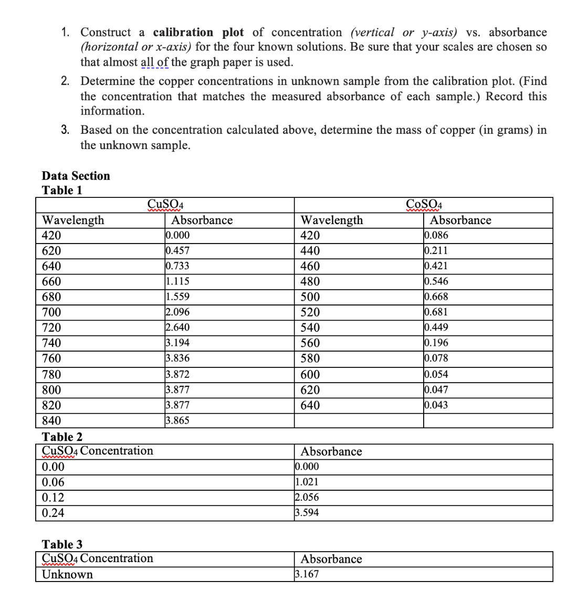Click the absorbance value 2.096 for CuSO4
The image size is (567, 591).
pos(177,312)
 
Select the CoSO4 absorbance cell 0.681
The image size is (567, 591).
pos(436,312)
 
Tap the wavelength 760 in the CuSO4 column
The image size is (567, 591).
pos(51,359)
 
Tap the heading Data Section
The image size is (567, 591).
pos(76,176)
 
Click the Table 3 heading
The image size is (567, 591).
pos(61,544)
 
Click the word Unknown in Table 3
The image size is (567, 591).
pos(67,574)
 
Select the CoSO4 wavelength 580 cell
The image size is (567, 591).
pos(309,359)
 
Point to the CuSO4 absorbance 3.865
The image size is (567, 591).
pos(177,421)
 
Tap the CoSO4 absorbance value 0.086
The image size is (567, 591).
pos(436,235)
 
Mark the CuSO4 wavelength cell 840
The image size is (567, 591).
pos(51,421)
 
